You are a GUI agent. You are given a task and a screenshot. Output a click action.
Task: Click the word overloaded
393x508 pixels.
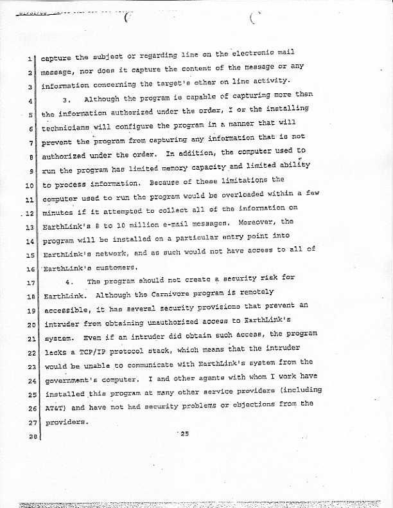pos(234,194)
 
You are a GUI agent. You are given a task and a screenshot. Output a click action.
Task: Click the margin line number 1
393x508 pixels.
pos(31,60)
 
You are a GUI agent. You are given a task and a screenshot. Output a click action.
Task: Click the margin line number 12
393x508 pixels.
pos(29,212)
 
